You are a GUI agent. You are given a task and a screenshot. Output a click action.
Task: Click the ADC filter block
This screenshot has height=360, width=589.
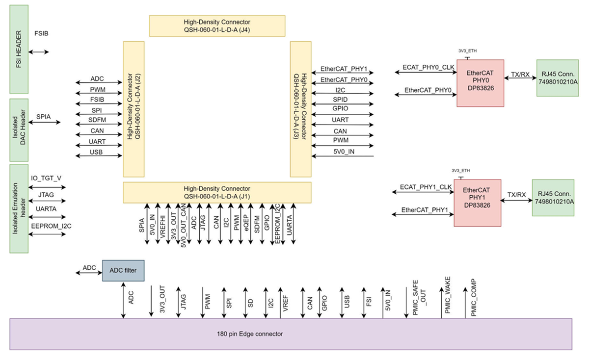tap(123, 271)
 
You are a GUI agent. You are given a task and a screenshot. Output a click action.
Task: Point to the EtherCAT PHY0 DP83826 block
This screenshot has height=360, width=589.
tap(480, 83)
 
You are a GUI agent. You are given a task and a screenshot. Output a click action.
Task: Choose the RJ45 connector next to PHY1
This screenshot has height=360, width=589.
tap(553, 198)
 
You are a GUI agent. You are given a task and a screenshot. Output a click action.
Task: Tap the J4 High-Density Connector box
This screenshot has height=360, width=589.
tap(217, 26)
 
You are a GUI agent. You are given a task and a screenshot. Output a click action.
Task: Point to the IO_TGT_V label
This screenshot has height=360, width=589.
tap(46, 178)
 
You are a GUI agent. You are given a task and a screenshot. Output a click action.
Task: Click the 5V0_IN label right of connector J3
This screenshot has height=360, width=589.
tap(343, 152)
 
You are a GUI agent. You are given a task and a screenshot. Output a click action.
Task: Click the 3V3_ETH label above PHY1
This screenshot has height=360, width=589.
tap(460, 170)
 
